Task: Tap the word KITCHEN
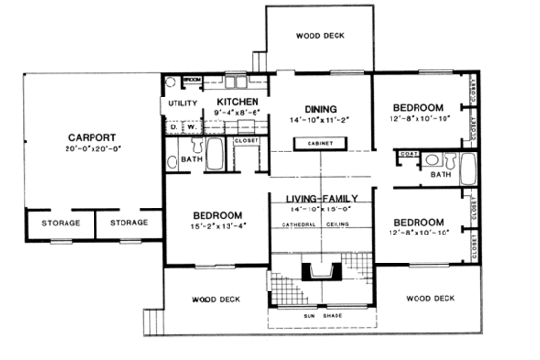click(236, 101)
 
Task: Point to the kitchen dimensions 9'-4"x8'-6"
click(236, 113)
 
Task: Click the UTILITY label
click(182, 103)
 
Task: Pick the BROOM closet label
click(192, 81)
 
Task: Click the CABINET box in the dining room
click(320, 143)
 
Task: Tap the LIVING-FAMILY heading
click(321, 198)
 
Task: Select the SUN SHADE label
click(320, 315)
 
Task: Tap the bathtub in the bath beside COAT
click(468, 170)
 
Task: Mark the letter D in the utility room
click(173, 126)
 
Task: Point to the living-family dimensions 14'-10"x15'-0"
click(321, 208)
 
